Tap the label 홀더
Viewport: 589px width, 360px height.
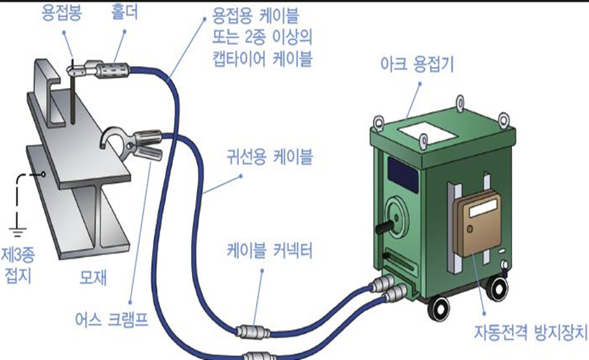(x=117, y=12)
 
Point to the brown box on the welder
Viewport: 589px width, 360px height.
(x=477, y=223)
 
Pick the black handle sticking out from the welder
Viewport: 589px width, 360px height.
(x=383, y=226)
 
